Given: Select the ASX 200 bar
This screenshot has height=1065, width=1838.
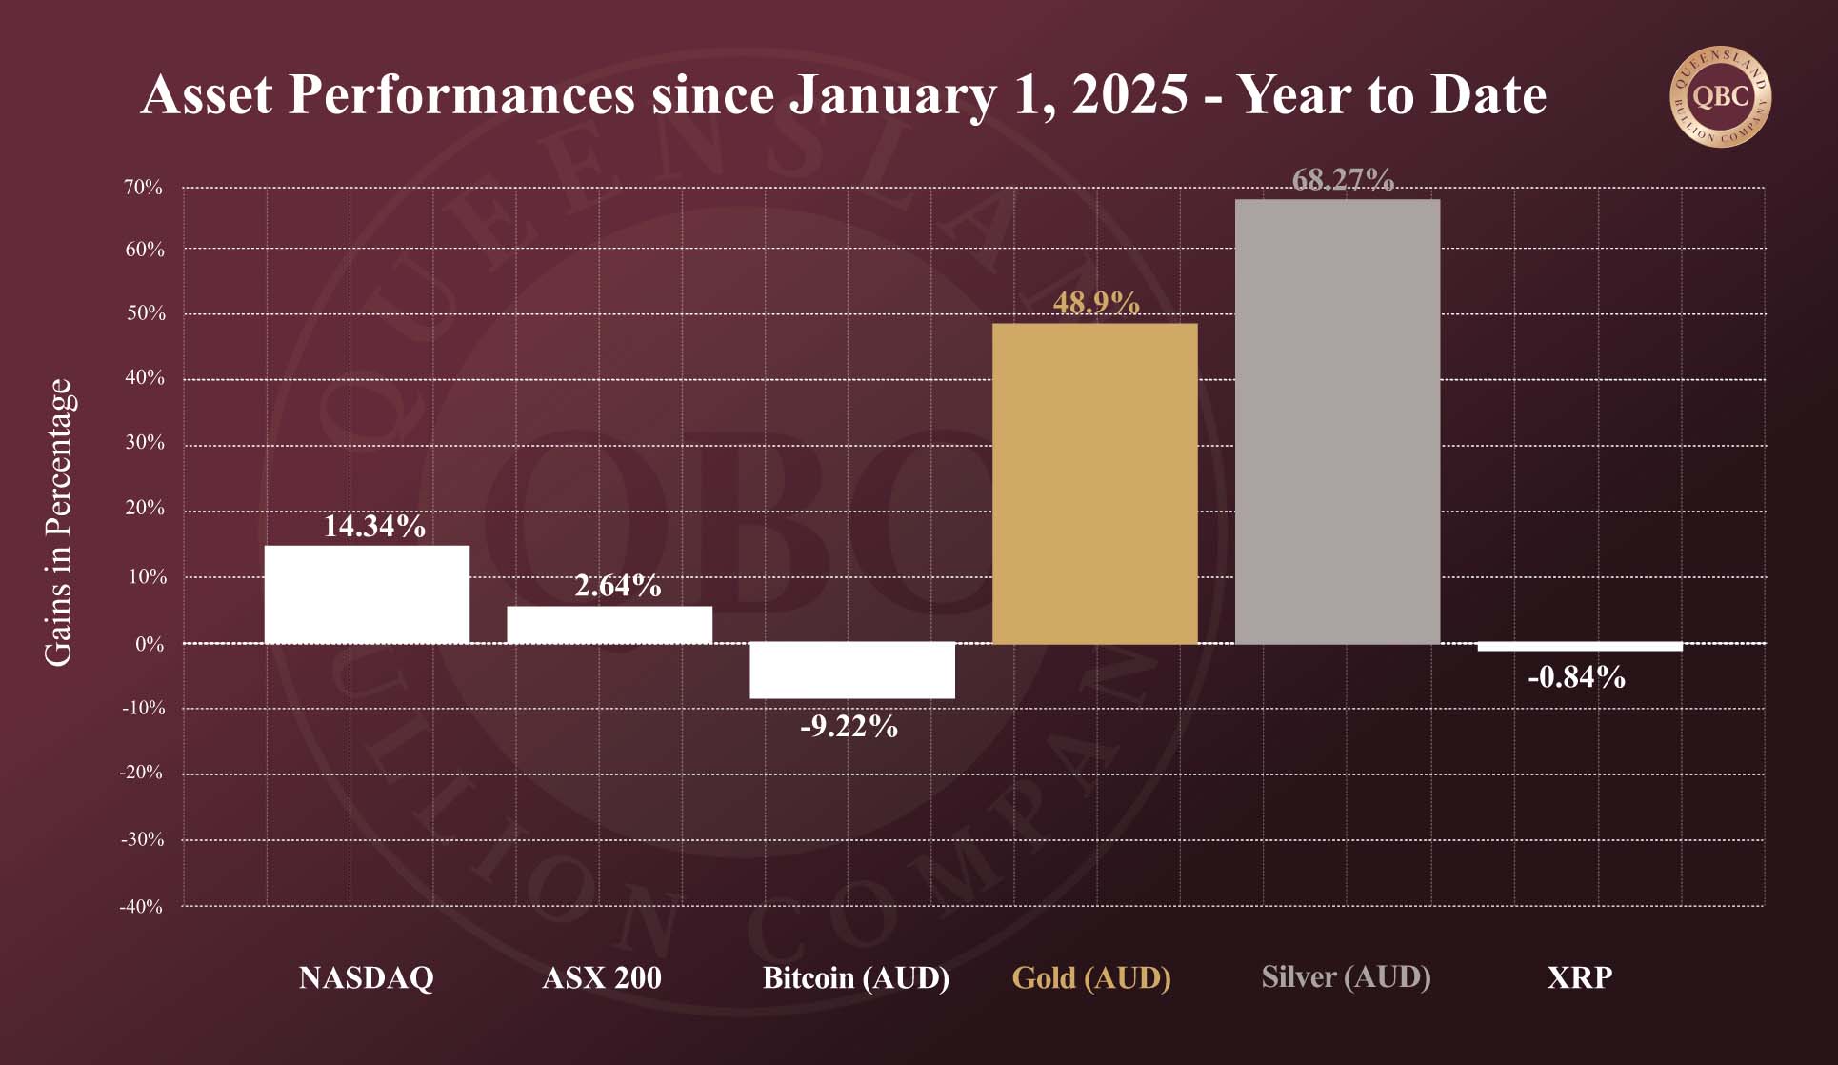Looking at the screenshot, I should pos(609,624).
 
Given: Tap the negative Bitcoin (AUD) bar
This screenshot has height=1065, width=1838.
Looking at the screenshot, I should pos(852,671).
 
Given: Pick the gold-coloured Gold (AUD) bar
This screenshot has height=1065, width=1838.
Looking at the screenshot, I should pos(1094,483).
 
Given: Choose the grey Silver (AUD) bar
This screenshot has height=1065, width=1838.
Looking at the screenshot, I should pos(1337,421).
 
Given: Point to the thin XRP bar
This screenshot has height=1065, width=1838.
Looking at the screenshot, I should pos(1579,648).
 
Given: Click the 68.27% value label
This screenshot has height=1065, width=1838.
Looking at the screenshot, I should pos(1343,180).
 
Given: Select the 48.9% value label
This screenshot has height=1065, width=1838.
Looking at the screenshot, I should pos(1096,303).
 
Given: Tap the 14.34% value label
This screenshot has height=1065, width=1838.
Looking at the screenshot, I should pos(374,526).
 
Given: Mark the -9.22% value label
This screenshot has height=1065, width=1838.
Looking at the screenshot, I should pos(849,727).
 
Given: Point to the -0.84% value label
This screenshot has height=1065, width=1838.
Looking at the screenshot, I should pos(1576,677).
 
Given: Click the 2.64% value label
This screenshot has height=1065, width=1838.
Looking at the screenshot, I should pos(617,586).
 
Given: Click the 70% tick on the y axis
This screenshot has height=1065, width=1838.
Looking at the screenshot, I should pos(144,188).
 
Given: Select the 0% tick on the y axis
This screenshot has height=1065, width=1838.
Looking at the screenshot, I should pos(150,645).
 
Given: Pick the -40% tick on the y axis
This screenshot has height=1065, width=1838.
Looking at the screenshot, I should pos(141,907).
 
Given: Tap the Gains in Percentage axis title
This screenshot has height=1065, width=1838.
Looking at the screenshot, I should pos(58,522).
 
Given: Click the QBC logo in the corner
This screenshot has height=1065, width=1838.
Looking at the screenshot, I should pos(1720,97).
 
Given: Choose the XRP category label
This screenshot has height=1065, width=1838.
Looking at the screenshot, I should pos(1579,978).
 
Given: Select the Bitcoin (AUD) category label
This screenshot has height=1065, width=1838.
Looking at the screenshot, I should pos(856,978).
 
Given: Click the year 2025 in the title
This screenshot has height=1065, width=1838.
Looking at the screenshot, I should pos(1130,95).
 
